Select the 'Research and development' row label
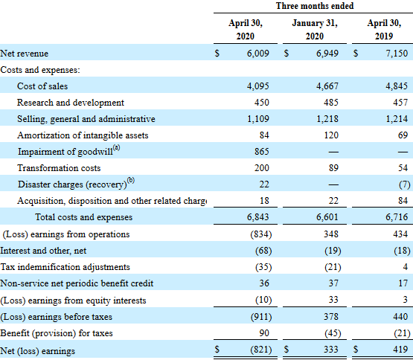[x=71, y=103]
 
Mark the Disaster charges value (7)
[x=402, y=184]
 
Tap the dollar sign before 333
[x=287, y=349]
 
